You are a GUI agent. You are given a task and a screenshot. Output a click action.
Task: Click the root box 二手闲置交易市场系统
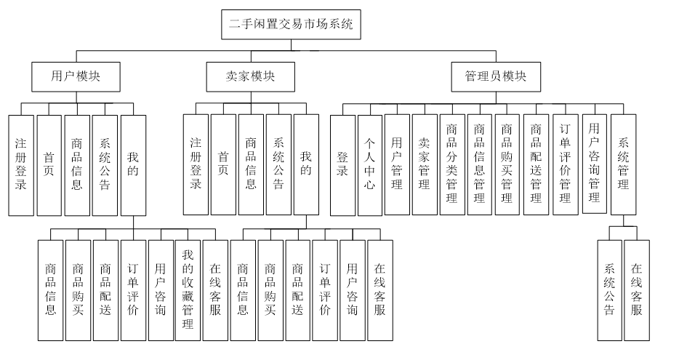[292, 23]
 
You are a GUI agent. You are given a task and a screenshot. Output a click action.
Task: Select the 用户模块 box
[76, 76]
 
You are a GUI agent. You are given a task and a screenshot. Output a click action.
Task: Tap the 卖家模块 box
[250, 76]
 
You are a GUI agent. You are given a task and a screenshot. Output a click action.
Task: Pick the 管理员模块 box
[496, 76]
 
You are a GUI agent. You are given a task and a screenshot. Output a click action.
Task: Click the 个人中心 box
[369, 164]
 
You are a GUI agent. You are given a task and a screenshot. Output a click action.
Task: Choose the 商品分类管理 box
[451, 164]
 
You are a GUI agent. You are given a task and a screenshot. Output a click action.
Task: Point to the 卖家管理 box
[424, 164]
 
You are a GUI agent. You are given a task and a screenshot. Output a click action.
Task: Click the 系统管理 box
[623, 164]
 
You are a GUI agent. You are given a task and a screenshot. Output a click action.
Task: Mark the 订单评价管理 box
[564, 164]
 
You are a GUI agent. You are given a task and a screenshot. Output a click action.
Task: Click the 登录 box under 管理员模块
[342, 164]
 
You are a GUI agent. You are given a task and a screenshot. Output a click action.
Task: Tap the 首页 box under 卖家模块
[223, 164]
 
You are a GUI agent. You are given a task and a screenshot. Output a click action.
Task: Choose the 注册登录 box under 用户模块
[21, 164]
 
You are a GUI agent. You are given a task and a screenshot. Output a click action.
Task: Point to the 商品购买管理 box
[507, 164]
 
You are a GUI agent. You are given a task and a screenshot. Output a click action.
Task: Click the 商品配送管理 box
[536, 164]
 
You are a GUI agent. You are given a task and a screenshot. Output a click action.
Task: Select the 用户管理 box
[396, 164]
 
